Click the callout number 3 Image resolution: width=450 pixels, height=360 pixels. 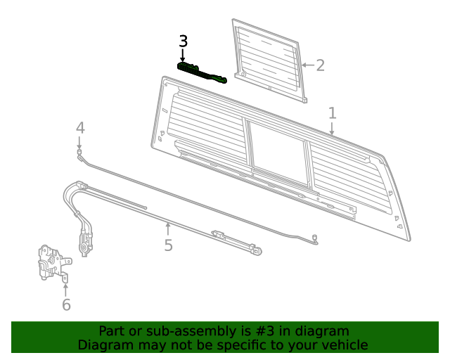[183, 41]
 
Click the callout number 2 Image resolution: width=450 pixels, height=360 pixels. [320, 65]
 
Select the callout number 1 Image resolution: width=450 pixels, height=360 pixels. [332, 113]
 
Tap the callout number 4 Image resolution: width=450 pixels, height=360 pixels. [80, 128]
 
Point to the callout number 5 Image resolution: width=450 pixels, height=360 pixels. [168, 245]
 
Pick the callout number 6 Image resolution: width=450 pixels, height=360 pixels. [66, 304]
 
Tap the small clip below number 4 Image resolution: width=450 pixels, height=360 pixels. [80, 152]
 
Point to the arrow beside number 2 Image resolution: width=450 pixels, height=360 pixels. [305, 65]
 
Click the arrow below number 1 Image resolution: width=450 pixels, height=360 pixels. [332, 129]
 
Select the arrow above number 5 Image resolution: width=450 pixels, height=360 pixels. [168, 228]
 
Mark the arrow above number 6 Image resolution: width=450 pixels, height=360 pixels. [66, 289]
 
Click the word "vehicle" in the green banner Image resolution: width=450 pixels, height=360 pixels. [343, 345]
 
